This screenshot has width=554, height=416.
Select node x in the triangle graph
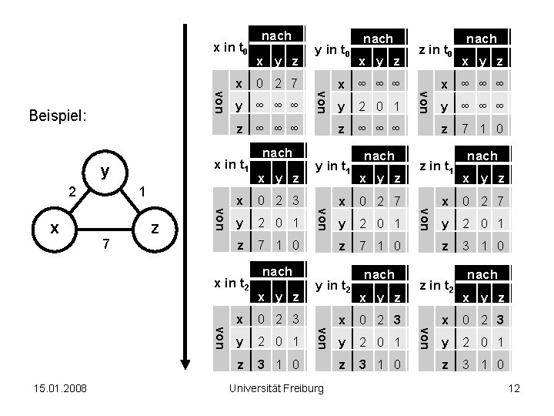pos(53,229)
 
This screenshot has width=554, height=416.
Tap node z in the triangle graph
pos(155,229)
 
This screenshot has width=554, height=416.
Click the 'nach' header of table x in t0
pos(276,35)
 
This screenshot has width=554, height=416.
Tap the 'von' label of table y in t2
pos(324,336)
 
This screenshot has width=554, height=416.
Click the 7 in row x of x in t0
pos(293,82)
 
